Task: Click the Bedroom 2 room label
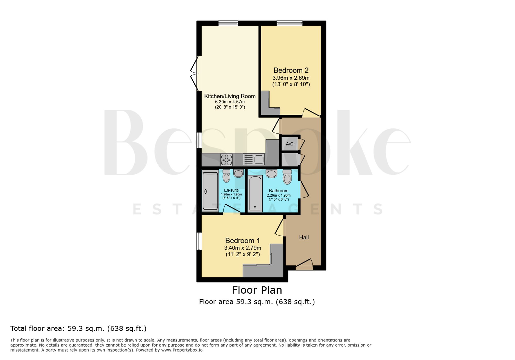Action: point(291,70)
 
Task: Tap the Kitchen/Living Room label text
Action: point(230,96)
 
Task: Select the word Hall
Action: point(304,237)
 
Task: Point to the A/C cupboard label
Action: point(289,144)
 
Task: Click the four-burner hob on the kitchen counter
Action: point(226,160)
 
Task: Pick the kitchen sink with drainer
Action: point(254,159)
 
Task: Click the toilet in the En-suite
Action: point(226,176)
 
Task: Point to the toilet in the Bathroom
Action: point(287,177)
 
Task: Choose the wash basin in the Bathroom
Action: point(271,174)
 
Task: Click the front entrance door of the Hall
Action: point(304,265)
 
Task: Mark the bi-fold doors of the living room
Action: point(194,74)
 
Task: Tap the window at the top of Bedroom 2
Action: point(289,23)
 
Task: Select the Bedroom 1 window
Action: point(199,241)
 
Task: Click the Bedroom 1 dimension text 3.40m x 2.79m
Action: point(243,248)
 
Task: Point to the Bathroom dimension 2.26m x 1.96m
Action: point(279,195)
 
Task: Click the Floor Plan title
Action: point(257,290)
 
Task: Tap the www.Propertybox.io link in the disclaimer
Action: point(182,350)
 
